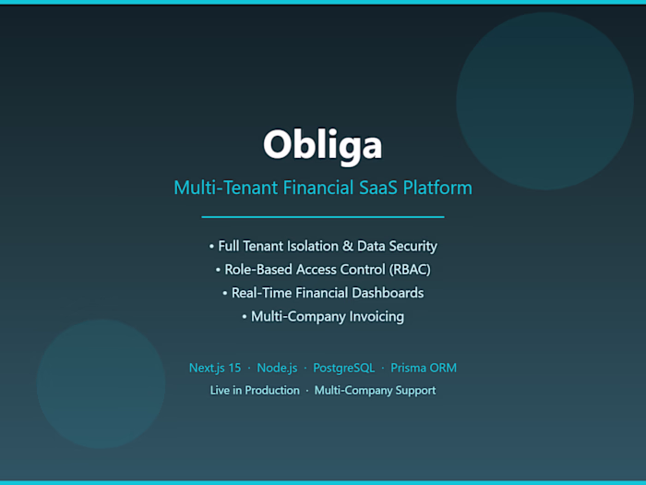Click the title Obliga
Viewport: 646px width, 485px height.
point(322,144)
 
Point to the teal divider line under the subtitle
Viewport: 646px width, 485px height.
point(322,216)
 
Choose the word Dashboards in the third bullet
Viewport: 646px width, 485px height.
point(389,293)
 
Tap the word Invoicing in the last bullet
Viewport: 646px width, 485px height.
point(373,316)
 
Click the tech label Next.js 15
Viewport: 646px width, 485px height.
point(214,368)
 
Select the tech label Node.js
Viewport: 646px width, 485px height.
point(278,368)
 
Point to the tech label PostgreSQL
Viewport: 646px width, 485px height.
point(343,368)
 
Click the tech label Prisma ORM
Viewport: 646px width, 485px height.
point(424,368)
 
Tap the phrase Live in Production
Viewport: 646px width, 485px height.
point(255,391)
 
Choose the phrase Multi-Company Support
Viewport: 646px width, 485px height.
point(375,391)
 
